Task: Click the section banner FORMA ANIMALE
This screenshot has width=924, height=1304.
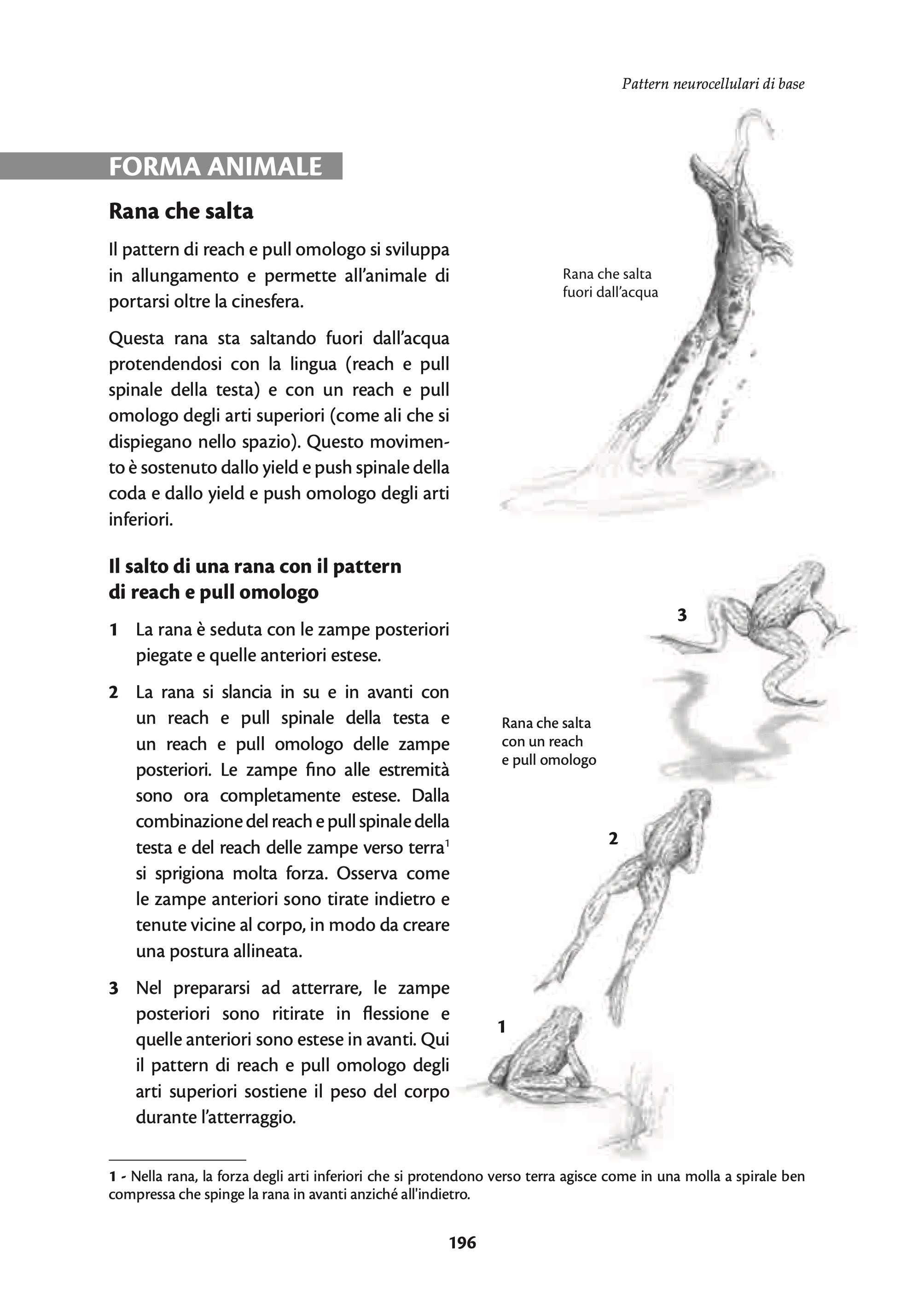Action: tap(215, 167)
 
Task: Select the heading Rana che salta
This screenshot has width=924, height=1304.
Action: tap(181, 212)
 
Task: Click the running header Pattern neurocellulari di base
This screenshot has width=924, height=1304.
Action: tap(713, 84)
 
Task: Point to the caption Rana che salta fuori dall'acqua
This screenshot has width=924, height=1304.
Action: tap(610, 283)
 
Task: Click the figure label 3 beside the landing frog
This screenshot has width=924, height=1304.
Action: tap(682, 615)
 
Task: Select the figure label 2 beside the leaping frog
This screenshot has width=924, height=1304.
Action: tap(613, 838)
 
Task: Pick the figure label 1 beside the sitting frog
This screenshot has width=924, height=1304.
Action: tap(501, 1027)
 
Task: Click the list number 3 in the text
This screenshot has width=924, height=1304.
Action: tap(114, 988)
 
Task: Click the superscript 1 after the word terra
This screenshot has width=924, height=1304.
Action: tap(447, 844)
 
